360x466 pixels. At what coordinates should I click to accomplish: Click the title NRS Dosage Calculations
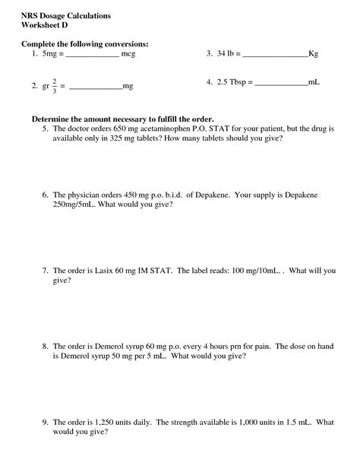[66, 15]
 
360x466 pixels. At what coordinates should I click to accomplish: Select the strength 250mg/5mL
[74, 206]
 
